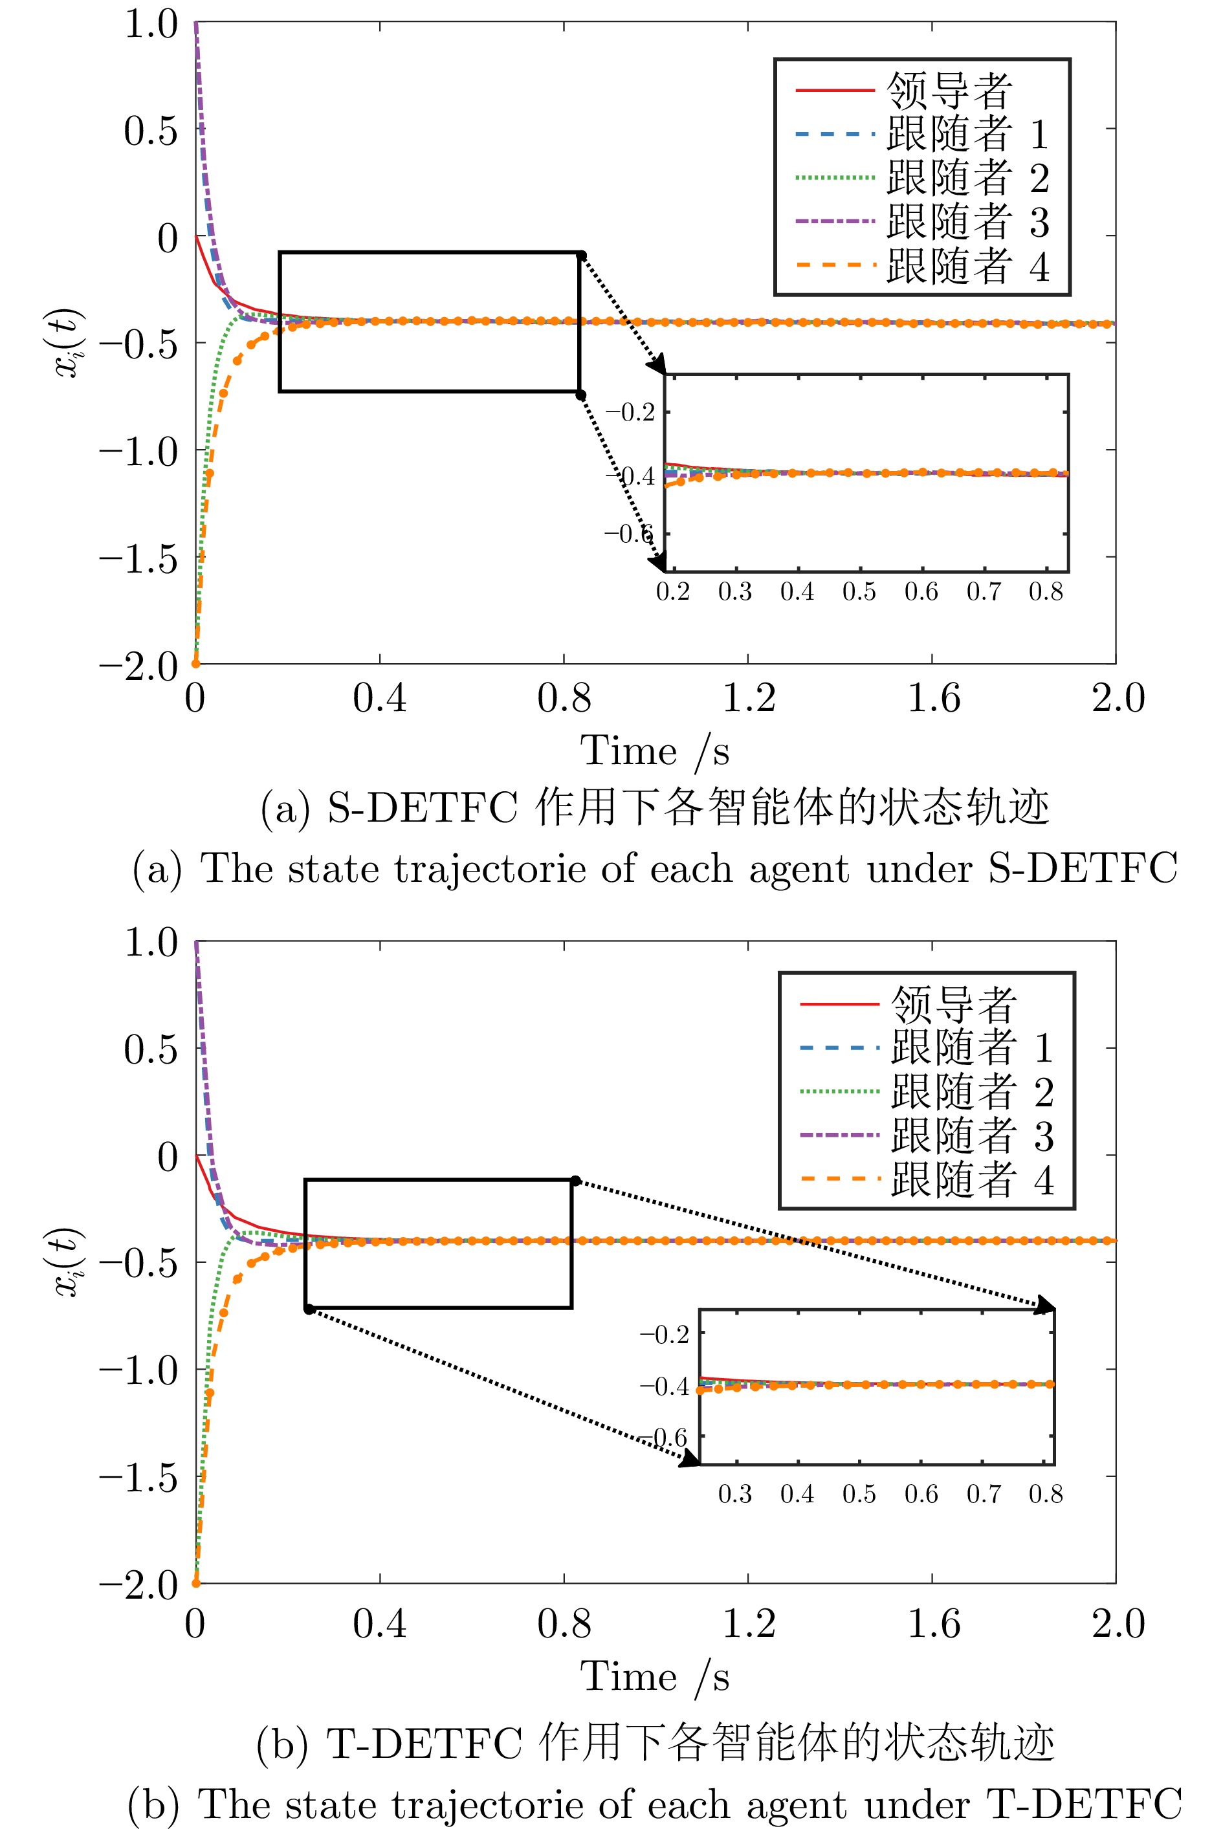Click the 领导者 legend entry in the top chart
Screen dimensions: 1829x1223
click(x=949, y=91)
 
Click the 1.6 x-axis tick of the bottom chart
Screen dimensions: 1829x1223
click(x=933, y=1624)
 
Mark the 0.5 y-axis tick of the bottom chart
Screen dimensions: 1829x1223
click(x=151, y=1049)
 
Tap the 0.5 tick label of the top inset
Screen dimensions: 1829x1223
click(x=859, y=593)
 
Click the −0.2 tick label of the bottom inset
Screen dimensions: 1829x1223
click(x=665, y=1334)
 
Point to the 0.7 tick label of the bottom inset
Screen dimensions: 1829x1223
click(x=984, y=1494)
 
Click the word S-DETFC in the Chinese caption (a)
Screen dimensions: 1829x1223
click(x=422, y=807)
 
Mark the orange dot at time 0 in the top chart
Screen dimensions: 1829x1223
click(x=196, y=663)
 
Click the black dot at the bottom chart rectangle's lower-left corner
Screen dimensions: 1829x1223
click(x=309, y=1309)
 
